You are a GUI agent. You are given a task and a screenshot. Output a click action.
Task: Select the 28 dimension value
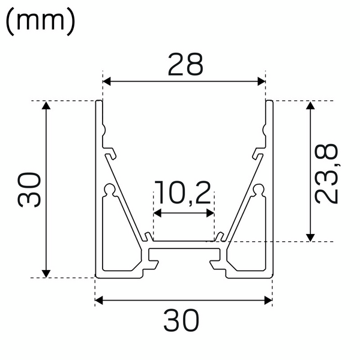[x=185, y=65]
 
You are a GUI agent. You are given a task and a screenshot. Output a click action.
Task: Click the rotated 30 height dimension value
[x=29, y=189]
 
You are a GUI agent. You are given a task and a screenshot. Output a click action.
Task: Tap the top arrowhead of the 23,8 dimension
[x=310, y=106]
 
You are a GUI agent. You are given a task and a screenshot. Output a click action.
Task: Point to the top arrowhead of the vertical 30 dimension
[x=46, y=106]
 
